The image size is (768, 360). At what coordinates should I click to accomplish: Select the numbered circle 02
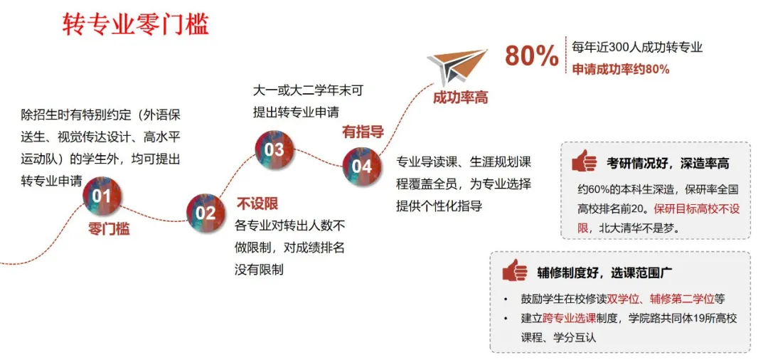point(206,212)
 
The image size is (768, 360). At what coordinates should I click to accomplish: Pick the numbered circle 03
point(274,149)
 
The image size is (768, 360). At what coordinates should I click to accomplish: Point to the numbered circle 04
point(362,166)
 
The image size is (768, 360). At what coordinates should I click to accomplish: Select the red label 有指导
point(363,132)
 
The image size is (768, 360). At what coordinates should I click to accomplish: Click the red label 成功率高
point(460,97)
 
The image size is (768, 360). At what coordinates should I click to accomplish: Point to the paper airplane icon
point(457,66)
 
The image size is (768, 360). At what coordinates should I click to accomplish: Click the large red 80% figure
point(532,56)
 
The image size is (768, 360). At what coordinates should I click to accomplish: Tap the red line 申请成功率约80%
point(621,70)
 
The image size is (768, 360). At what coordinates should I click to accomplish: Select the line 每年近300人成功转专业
point(637,48)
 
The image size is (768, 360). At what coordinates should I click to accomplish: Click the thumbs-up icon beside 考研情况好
point(585,162)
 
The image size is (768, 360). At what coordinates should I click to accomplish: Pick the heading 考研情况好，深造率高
point(668,164)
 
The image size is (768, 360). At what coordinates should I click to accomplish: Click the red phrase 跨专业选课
point(565,318)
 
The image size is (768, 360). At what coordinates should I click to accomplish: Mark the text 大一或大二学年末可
point(308,91)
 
